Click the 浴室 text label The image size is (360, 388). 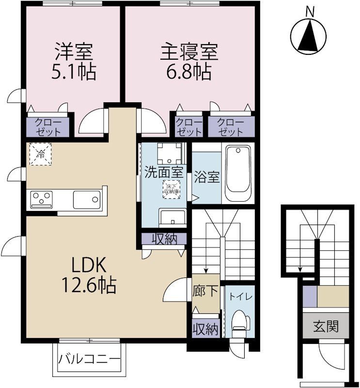(206, 177)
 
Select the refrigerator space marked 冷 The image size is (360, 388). (40, 155)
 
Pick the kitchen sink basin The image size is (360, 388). (87, 199)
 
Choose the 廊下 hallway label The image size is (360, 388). (206, 291)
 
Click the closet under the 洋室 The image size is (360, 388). (48, 127)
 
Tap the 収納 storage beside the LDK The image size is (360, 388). (163, 239)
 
